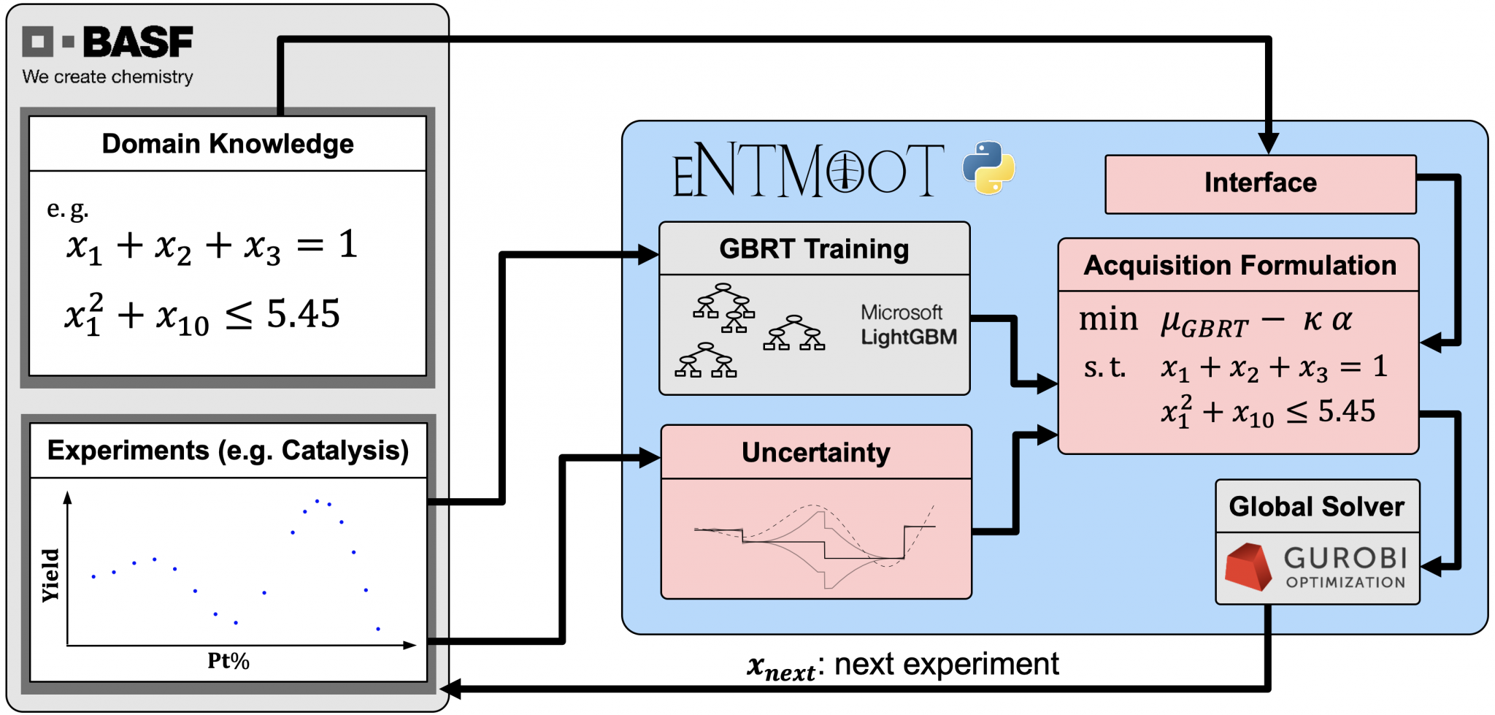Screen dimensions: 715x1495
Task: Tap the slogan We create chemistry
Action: pyautogui.click(x=107, y=77)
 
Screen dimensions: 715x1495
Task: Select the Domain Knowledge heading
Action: pyautogui.click(x=228, y=144)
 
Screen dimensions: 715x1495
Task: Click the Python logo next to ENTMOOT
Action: pyautogui.click(x=988, y=168)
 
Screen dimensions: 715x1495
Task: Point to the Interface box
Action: pyautogui.click(x=1260, y=183)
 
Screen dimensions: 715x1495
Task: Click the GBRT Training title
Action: pyautogui.click(x=814, y=249)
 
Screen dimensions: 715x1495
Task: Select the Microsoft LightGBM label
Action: pyautogui.click(x=908, y=325)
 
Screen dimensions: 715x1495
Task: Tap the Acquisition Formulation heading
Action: pyautogui.click(x=1240, y=265)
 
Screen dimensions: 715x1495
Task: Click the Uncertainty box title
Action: pyautogui.click(x=815, y=453)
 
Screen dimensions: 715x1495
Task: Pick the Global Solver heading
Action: pyautogui.click(x=1316, y=506)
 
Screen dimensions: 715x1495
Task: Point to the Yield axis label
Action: pyautogui.click(x=50, y=575)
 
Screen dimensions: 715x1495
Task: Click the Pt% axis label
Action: pyautogui.click(x=228, y=661)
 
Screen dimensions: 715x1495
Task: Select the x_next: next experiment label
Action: pyautogui.click(x=902, y=665)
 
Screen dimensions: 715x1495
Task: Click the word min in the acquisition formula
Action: pyautogui.click(x=1108, y=320)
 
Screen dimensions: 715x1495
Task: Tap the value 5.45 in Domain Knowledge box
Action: pyautogui.click(x=303, y=314)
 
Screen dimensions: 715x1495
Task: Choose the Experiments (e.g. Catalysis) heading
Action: pyautogui.click(x=228, y=451)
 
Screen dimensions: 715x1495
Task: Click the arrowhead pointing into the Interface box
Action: pyautogui.click(x=1269, y=143)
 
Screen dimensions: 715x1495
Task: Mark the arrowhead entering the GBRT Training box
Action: pyautogui.click(x=647, y=255)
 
